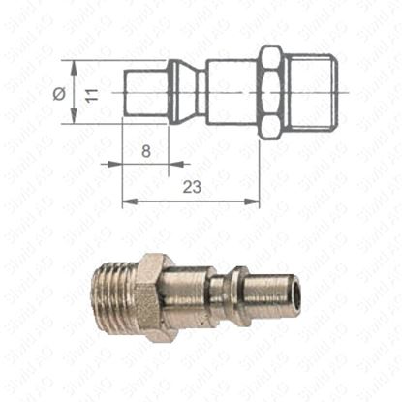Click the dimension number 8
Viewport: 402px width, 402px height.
(145, 151)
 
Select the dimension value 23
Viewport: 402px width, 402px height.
(191, 190)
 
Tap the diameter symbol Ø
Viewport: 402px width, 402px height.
(60, 93)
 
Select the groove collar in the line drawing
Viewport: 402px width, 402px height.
(184, 93)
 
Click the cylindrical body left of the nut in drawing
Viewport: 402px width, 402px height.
(232, 93)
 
